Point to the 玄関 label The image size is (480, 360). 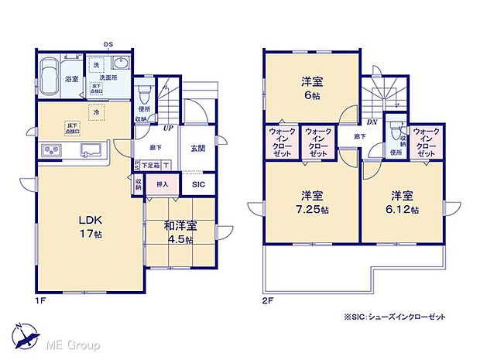point(197,149)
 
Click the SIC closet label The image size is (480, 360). point(197,184)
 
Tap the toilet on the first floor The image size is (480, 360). point(142,94)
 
